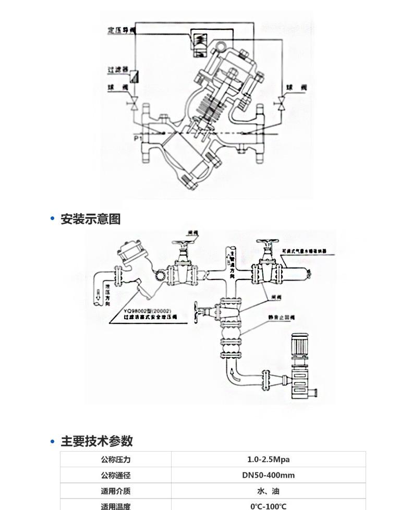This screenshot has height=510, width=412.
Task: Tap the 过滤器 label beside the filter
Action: tap(118, 69)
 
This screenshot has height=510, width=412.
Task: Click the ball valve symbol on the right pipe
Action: tap(282, 103)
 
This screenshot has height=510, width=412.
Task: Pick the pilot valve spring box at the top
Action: tap(200, 41)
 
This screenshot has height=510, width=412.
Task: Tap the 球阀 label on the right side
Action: tap(297, 87)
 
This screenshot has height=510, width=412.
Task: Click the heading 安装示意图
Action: tap(90, 219)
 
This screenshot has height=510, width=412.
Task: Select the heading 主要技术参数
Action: tap(96, 441)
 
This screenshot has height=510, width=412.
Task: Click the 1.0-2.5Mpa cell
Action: tap(268, 459)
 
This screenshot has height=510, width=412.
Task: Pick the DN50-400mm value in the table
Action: tap(268, 475)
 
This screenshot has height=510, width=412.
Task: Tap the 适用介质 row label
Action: tap(115, 491)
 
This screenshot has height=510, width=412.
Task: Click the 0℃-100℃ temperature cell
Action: tap(268, 506)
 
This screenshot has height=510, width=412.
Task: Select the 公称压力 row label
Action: tap(115, 459)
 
